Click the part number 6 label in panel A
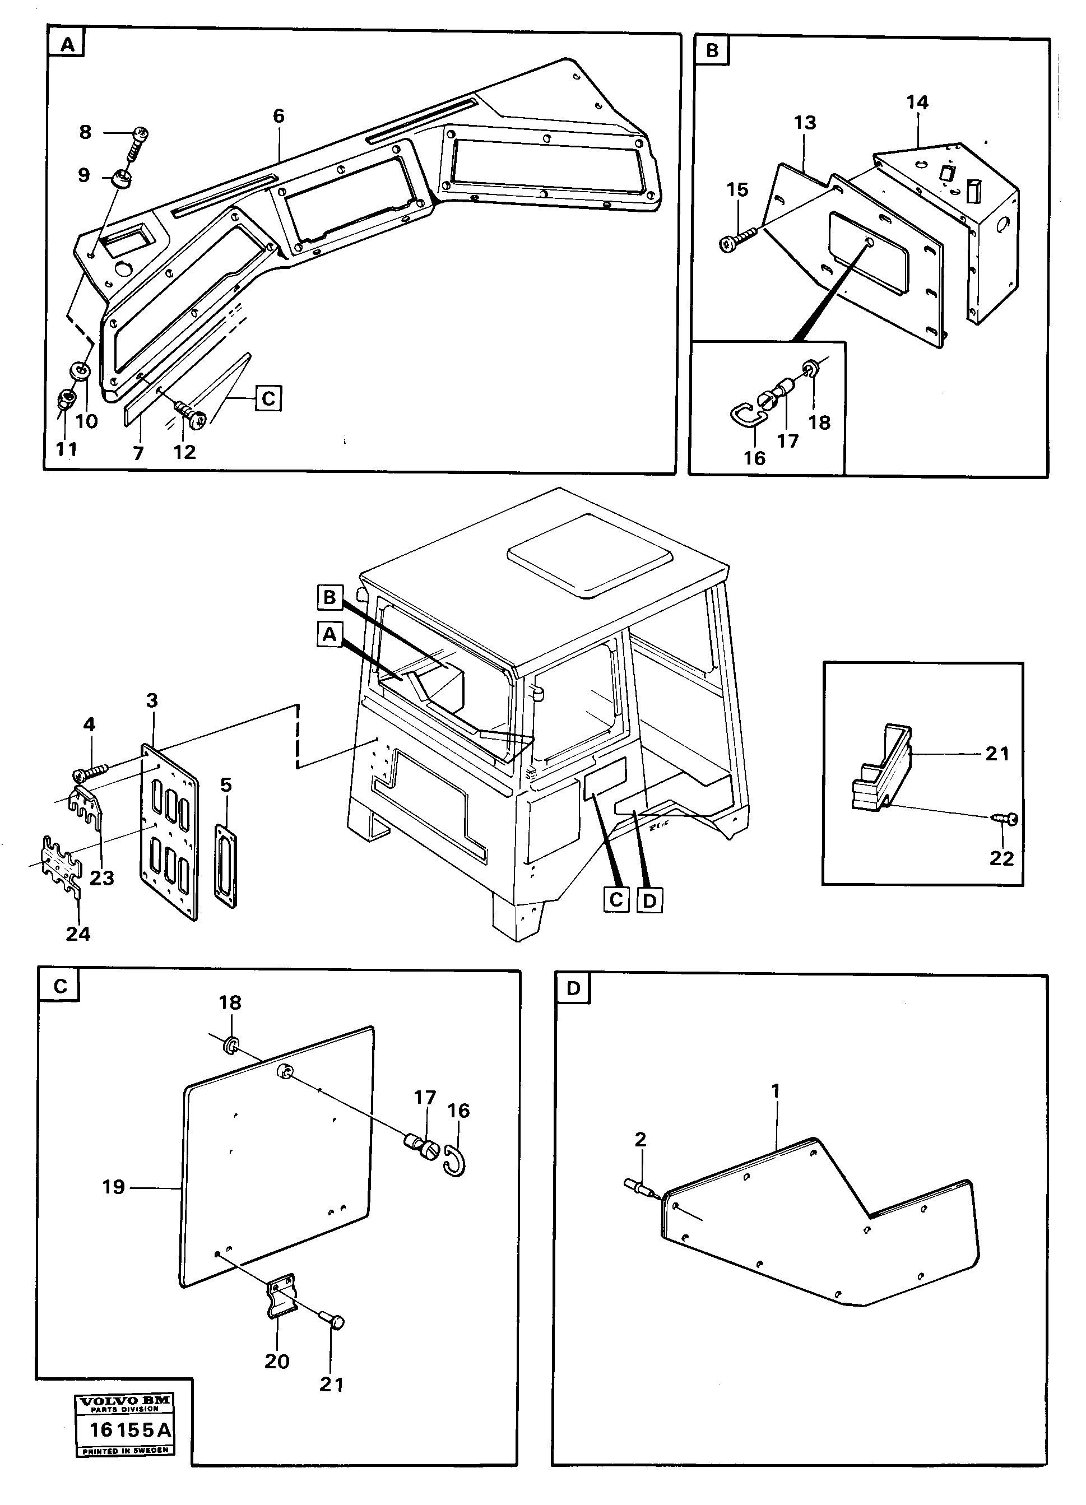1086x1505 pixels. point(279,117)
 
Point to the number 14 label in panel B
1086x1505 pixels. point(917,102)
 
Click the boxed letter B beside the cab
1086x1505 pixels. point(330,598)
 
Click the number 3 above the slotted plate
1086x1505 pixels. point(152,700)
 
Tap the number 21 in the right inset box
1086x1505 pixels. point(997,754)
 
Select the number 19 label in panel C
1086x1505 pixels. point(114,1187)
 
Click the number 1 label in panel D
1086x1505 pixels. point(776,1091)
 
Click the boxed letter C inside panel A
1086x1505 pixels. point(267,399)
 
